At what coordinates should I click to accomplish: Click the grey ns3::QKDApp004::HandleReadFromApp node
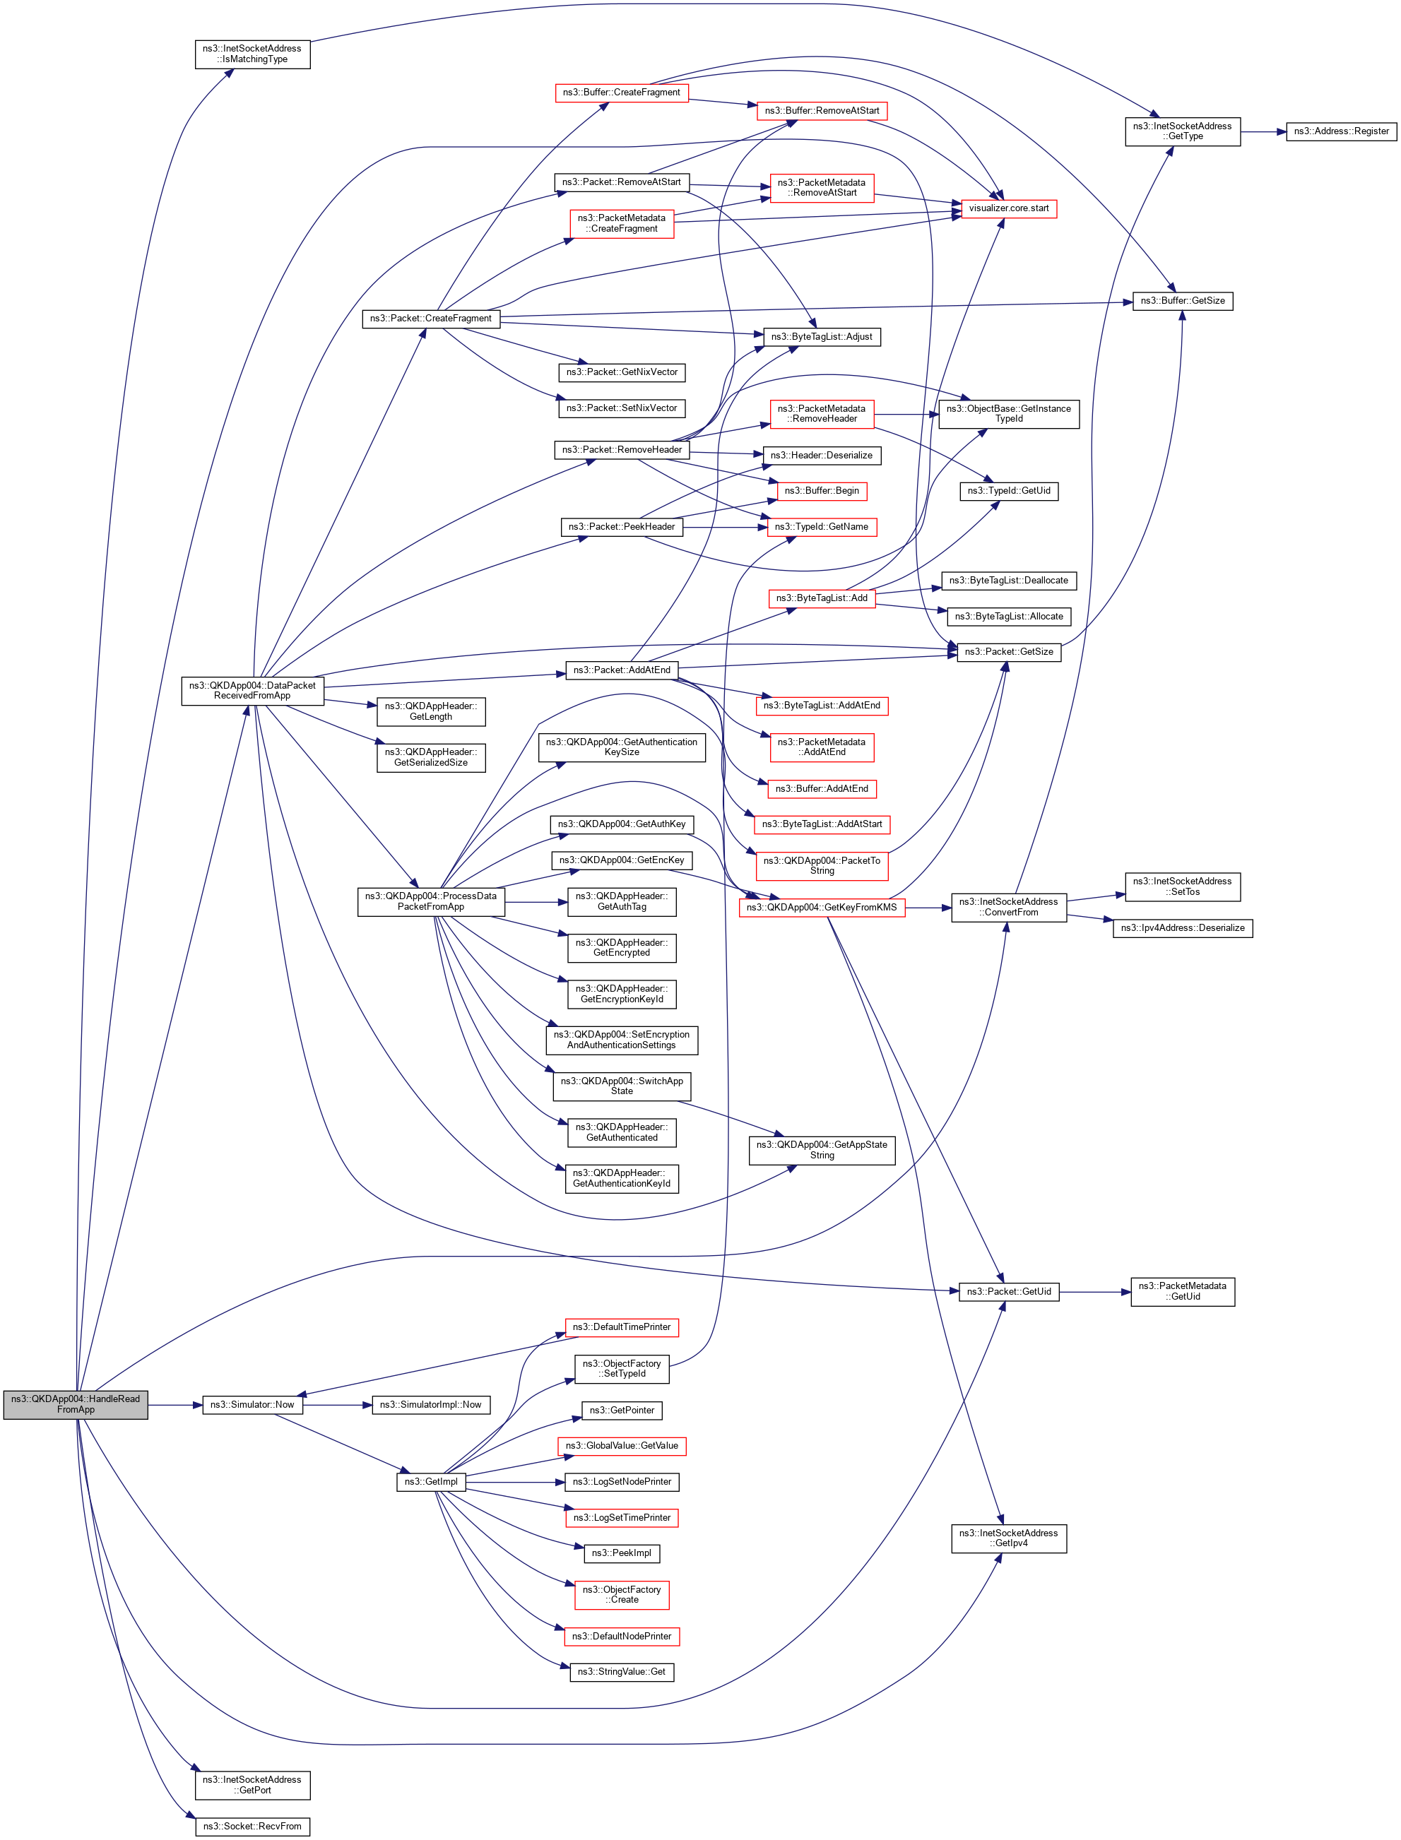[75, 1404]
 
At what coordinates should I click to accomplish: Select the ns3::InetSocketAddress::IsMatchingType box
[252, 54]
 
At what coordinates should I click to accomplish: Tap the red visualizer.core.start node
[1008, 208]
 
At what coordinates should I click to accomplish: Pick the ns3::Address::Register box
[1340, 131]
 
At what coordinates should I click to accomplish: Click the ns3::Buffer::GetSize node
[1182, 301]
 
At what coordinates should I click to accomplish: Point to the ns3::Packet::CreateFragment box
[430, 319]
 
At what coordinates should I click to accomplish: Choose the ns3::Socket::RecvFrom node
[252, 1826]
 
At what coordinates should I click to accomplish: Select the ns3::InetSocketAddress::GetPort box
[252, 1784]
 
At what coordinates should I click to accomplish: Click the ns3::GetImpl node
[430, 1481]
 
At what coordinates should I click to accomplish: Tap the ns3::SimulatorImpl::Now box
[430, 1405]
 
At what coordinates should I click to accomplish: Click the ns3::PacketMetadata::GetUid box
[1182, 1291]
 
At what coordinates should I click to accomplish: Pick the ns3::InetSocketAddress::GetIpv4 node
[1008, 1538]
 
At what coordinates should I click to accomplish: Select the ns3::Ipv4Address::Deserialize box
[1182, 928]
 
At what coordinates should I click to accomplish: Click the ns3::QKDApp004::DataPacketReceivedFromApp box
[252, 690]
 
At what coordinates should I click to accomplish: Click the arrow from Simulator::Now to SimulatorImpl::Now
[337, 1405]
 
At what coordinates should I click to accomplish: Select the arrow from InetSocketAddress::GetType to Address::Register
[1263, 131]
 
